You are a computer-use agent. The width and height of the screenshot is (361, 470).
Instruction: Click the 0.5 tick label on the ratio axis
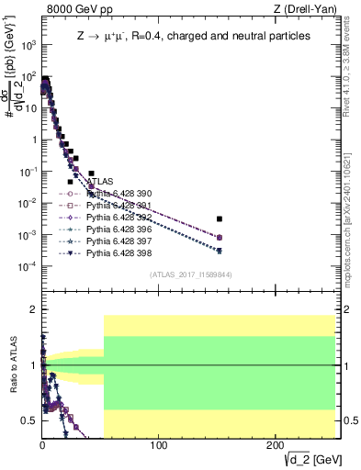[x=29, y=420]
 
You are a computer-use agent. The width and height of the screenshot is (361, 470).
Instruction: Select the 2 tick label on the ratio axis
[x=34, y=310]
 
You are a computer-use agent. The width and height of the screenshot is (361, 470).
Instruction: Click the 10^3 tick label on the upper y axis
[x=28, y=44]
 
